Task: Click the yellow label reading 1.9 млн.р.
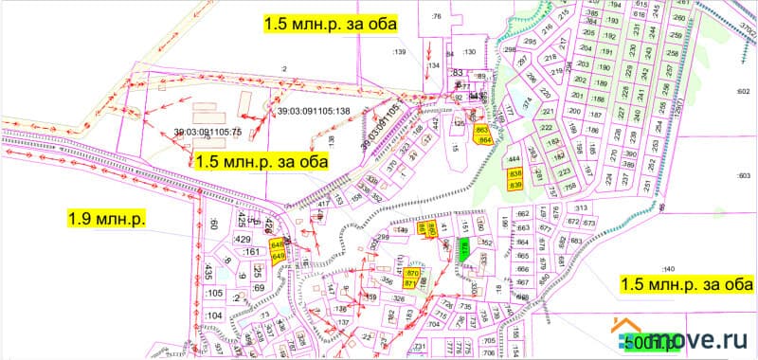tap(106, 220)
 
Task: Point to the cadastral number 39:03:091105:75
tap(208, 132)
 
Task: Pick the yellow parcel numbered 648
tap(278, 244)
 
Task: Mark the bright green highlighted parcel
tap(464, 250)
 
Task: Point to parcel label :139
tap(398, 52)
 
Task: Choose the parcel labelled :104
tap(214, 315)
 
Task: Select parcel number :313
tap(581, 207)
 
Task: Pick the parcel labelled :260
tap(679, 18)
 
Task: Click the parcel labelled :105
tap(214, 293)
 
